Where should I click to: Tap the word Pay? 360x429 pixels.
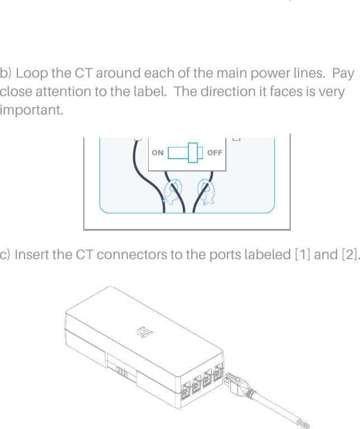click(343, 74)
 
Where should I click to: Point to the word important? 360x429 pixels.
click(31, 109)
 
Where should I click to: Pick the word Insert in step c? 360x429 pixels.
click(31, 255)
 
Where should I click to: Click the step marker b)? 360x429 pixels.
click(7, 74)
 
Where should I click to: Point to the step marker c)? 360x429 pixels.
click(6, 255)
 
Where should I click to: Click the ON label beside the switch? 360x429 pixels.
click(158, 152)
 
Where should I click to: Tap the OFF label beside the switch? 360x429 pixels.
click(215, 152)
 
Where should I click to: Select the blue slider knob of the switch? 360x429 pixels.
click(193, 152)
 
